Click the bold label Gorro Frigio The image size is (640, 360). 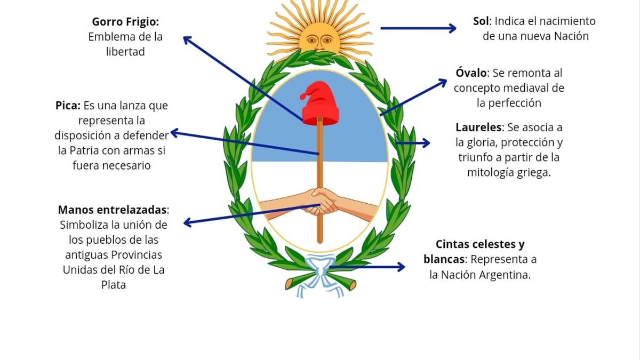125,22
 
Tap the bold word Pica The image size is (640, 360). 68,106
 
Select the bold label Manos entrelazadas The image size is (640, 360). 113,209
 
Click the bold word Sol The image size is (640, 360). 482,21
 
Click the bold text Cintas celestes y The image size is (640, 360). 480,244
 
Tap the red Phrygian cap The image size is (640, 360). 321,103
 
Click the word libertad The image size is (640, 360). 125,52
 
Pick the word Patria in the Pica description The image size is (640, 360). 84,150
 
